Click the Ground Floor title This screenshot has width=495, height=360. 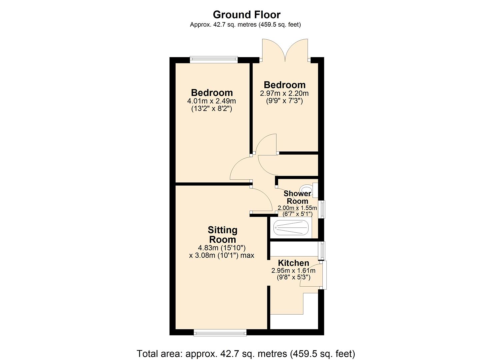[247, 15]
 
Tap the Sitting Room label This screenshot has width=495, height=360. [222, 235]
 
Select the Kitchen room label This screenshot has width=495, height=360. [293, 263]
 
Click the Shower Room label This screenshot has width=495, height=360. [297, 197]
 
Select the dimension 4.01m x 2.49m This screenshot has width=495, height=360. [212, 101]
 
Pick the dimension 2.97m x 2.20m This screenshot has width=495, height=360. [284, 93]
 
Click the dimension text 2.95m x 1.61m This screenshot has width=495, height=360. [293, 270]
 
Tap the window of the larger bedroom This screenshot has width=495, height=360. [214, 60]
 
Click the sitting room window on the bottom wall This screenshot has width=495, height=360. [220, 332]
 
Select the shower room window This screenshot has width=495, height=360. [322, 209]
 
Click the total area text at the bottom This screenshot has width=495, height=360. [246, 353]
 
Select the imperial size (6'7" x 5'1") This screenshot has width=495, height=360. [297, 214]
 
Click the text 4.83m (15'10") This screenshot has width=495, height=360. [222, 248]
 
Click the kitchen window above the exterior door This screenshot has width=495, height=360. [322, 250]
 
